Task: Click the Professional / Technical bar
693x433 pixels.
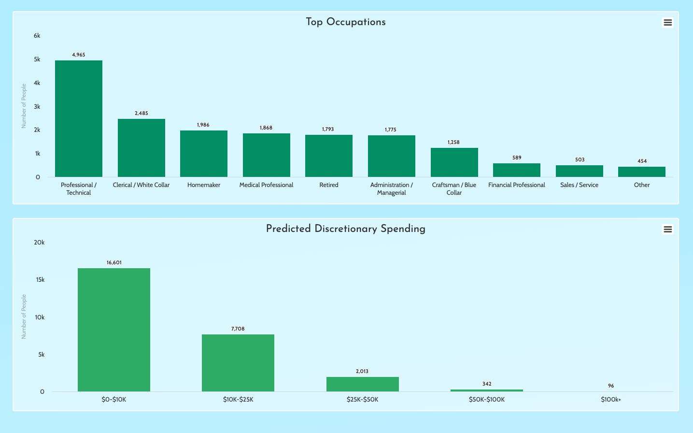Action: point(79,118)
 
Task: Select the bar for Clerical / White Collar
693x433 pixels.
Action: point(141,148)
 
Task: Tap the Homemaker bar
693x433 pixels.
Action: point(204,154)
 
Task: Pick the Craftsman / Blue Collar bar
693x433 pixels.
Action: point(454,162)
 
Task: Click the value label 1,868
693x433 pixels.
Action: point(266,128)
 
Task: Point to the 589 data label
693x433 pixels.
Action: point(517,158)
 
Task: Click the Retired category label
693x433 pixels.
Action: point(329,185)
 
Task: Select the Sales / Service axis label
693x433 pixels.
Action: point(579,185)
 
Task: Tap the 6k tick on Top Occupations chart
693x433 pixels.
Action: point(37,36)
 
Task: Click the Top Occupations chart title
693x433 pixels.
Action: point(346,22)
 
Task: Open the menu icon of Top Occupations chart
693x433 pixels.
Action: point(667,23)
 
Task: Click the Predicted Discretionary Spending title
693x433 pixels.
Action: point(346,229)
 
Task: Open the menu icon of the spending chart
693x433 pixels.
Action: point(667,230)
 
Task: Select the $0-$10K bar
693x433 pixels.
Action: point(114,330)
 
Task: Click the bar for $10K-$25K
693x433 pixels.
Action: point(238,363)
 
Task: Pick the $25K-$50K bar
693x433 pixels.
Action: point(362,384)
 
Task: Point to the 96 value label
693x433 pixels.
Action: point(611,386)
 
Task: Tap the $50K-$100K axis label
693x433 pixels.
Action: point(487,400)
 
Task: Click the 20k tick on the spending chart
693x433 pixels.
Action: point(39,243)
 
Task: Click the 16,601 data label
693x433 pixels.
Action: point(114,263)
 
